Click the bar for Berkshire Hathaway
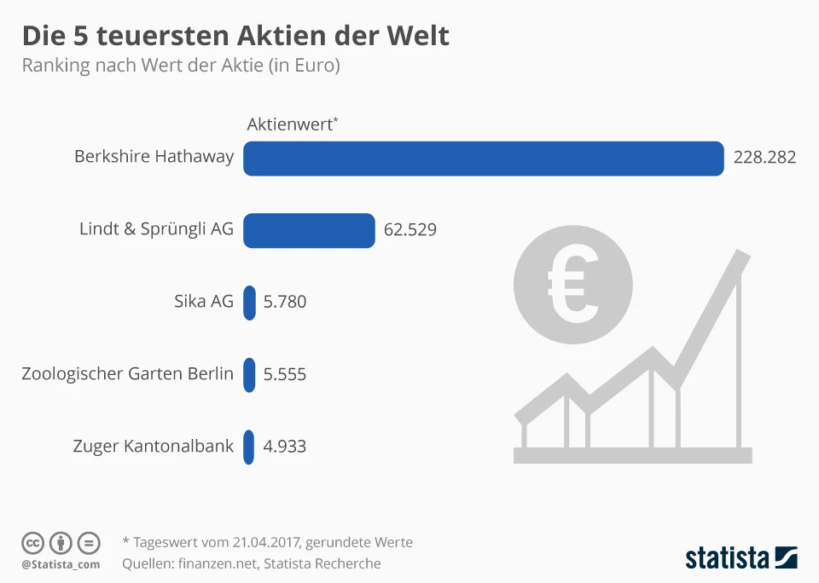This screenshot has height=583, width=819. click(483, 158)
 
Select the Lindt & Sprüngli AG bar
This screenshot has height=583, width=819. click(309, 230)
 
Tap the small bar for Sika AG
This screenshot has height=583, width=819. click(249, 303)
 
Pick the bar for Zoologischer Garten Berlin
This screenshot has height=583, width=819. click(249, 374)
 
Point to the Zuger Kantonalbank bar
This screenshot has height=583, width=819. click(248, 447)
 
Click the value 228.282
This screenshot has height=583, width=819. click(764, 158)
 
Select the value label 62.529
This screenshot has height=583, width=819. click(410, 230)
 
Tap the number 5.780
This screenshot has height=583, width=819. click(285, 303)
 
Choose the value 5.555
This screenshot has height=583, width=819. click(285, 374)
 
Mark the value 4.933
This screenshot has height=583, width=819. click(285, 447)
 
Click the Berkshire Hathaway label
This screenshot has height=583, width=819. click(154, 157)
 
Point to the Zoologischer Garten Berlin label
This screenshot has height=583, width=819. click(127, 373)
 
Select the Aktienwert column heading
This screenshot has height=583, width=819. click(290, 124)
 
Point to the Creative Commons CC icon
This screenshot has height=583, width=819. click(33, 542)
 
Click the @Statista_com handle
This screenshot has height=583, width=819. click(61, 564)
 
